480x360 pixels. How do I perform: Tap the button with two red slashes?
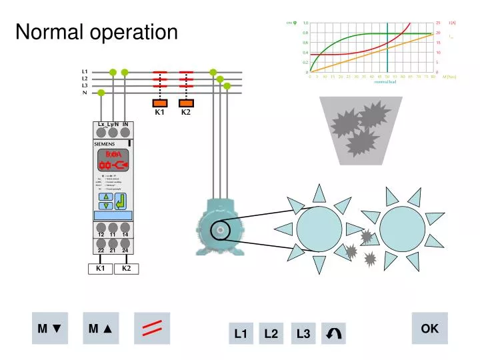pyautogui.click(x=153, y=328)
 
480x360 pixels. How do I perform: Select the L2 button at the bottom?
pyautogui.click(x=271, y=333)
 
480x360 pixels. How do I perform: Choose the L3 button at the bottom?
pyautogui.click(x=303, y=333)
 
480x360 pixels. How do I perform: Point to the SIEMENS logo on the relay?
pyautogui.click(x=104, y=144)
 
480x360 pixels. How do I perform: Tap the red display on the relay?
pyautogui.click(x=113, y=161)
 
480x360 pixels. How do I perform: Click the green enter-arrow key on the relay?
pyautogui.click(x=121, y=201)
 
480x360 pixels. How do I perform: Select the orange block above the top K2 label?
pyautogui.click(x=186, y=103)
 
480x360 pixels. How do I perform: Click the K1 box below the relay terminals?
pyautogui.click(x=100, y=269)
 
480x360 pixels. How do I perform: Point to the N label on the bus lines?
pyautogui.click(x=85, y=93)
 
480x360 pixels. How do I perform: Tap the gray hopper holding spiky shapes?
pyautogui.click(x=361, y=129)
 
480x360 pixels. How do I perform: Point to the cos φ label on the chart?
pyautogui.click(x=291, y=23)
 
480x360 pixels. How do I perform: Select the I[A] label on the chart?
pyautogui.click(x=451, y=23)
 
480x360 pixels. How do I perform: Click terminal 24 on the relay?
pyautogui.click(x=125, y=251)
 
